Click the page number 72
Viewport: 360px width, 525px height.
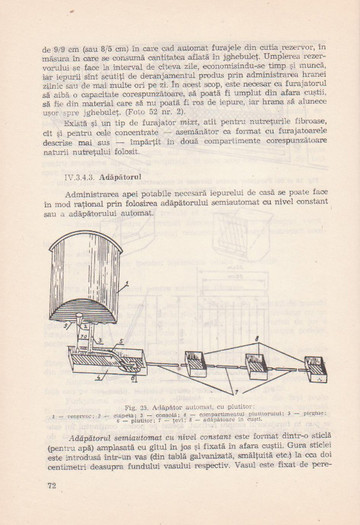tap(51, 485)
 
